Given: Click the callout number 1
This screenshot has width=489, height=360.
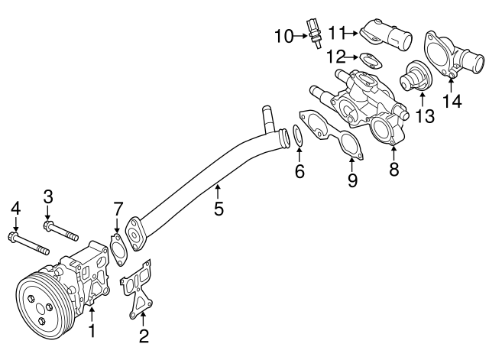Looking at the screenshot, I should click(92, 332).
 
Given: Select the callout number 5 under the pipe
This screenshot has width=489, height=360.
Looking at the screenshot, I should click(219, 207).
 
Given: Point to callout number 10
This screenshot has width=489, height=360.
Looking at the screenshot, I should click(284, 35).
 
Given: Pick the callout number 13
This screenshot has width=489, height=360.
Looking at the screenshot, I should click(425, 116).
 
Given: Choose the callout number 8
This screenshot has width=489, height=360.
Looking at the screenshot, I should click(394, 170).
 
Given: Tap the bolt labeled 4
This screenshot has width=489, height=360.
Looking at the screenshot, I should click(30, 242).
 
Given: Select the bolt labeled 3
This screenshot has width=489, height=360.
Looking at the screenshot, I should click(61, 229).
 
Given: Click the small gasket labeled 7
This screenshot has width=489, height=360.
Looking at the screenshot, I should click(118, 250).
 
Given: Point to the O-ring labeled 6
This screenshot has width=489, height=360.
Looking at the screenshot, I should click(298, 137).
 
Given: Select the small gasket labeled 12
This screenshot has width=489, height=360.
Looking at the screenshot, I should click(371, 58).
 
